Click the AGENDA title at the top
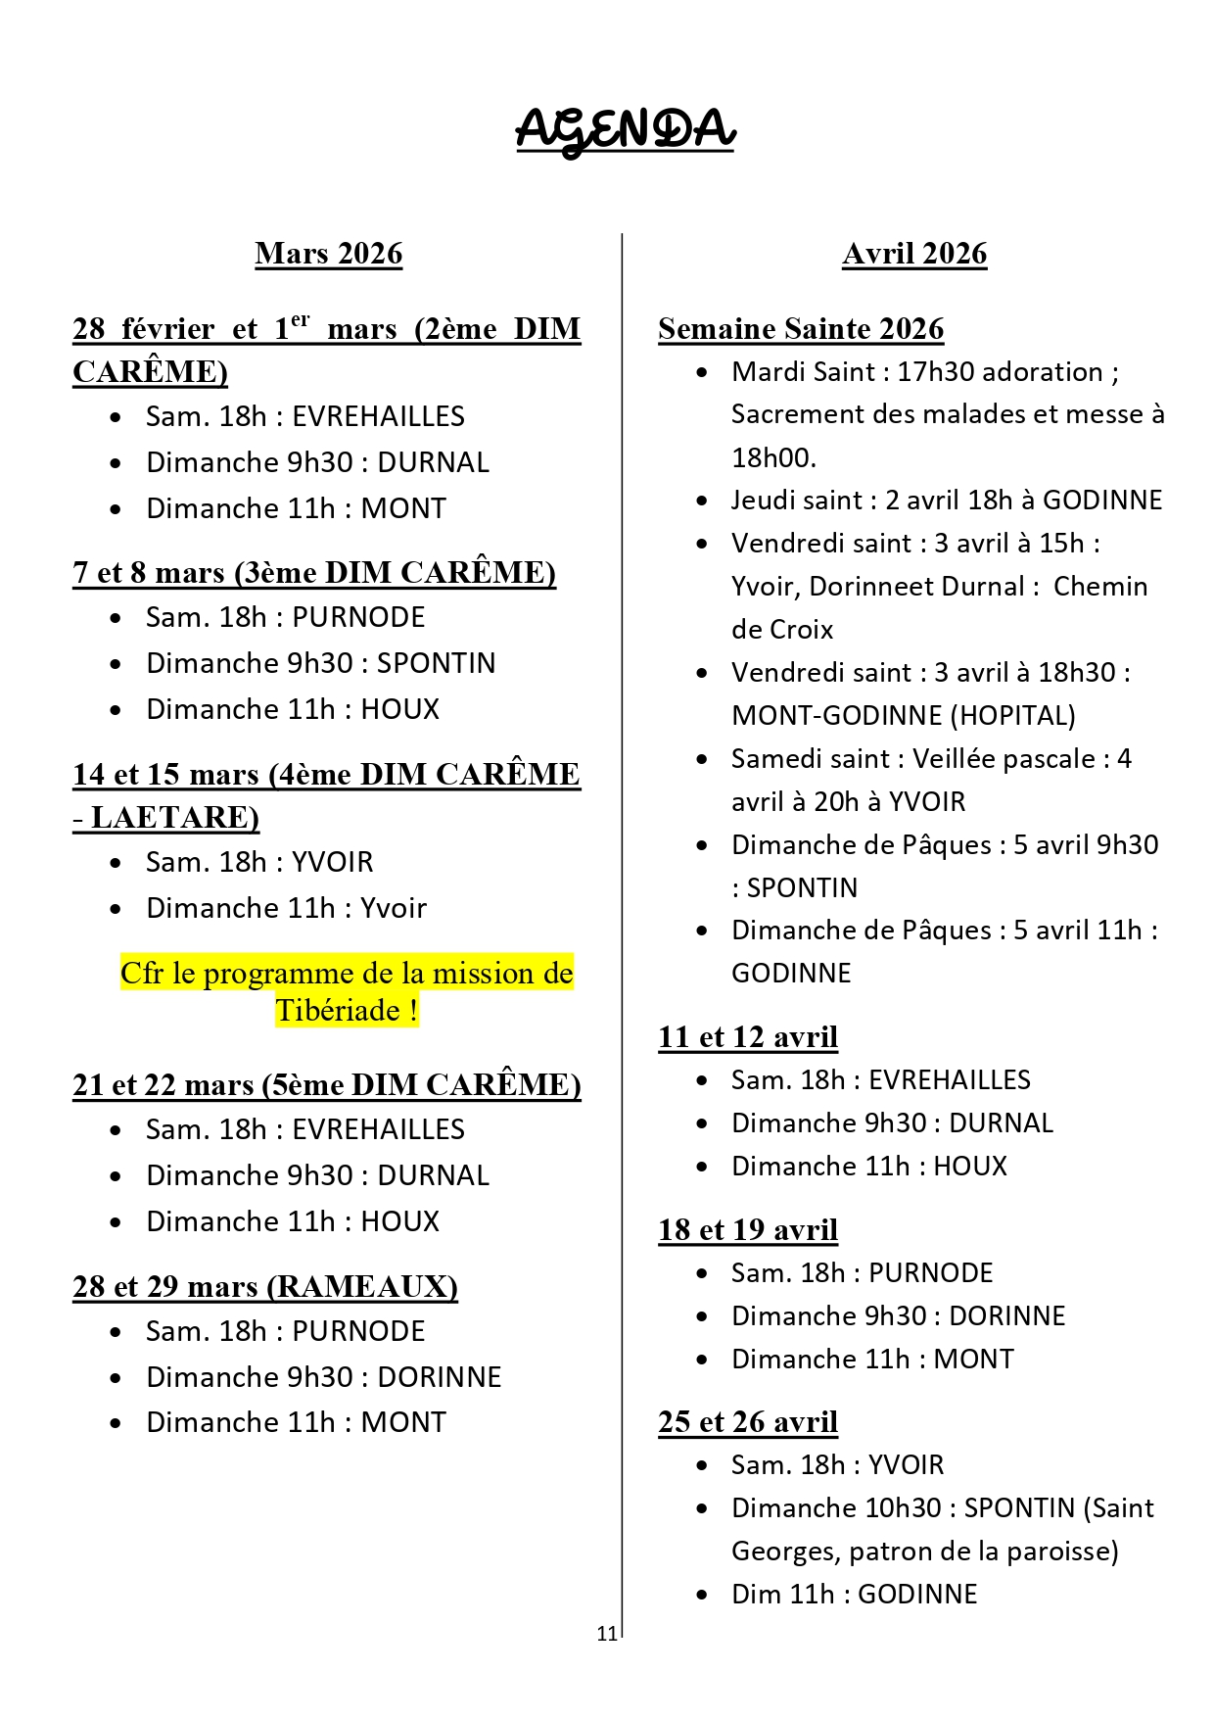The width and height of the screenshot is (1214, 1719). [x=625, y=129]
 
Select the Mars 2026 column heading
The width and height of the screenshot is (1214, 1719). [x=328, y=254]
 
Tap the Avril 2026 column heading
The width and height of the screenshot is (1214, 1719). [x=914, y=254]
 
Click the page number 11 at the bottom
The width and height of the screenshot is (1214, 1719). [x=606, y=1633]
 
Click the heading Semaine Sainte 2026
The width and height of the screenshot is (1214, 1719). [x=801, y=329]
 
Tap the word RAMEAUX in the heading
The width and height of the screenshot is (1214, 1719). [x=360, y=1286]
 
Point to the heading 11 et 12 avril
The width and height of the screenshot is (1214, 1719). [x=748, y=1036]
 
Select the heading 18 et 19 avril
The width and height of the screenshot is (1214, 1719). [x=748, y=1229]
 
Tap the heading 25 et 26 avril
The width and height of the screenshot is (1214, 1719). [x=748, y=1421]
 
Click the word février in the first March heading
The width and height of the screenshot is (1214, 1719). [x=167, y=329]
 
